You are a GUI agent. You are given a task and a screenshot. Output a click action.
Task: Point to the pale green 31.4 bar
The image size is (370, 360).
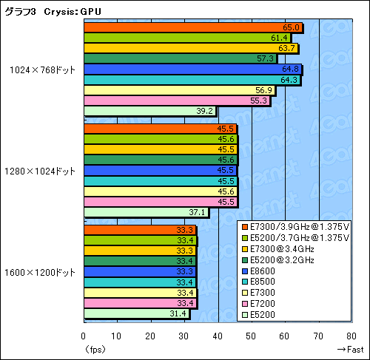(x=137, y=314)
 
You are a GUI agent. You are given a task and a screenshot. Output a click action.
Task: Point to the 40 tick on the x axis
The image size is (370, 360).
(x=218, y=336)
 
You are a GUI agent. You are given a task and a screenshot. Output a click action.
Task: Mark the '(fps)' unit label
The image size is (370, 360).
(x=95, y=349)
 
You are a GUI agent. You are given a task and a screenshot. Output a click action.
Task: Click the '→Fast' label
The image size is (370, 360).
(x=349, y=349)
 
